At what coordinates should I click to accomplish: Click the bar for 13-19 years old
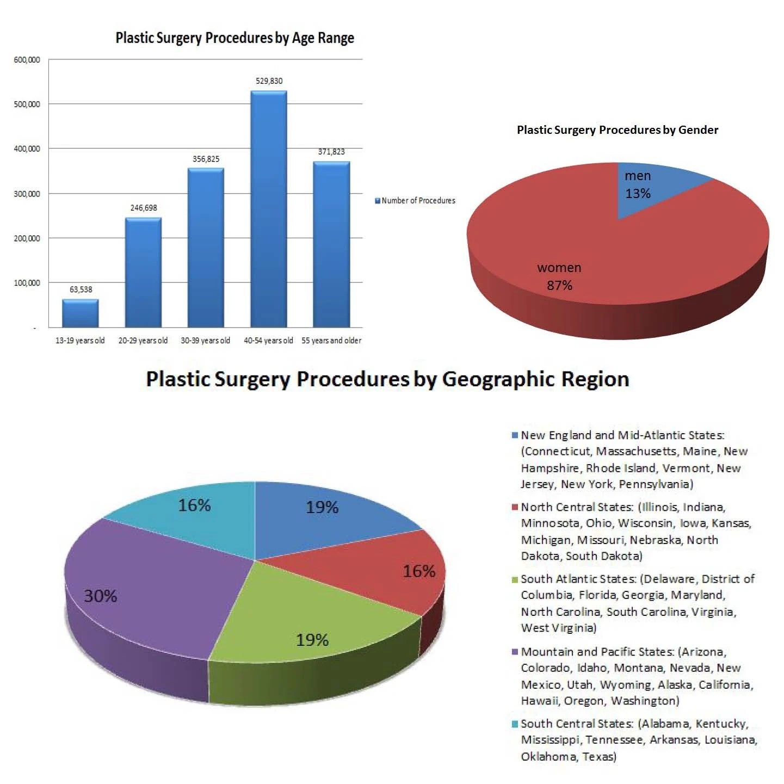coord(81,313)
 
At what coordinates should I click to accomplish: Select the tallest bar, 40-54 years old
coord(269,209)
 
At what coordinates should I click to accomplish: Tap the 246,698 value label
coord(144,208)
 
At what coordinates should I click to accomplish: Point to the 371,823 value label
coord(331,152)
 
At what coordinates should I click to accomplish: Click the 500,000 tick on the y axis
coord(27,104)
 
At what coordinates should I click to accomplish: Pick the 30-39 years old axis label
coord(205,341)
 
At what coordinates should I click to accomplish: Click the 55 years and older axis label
coord(331,341)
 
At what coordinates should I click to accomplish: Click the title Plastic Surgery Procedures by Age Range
coord(234,38)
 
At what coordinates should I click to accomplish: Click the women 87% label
coord(559,276)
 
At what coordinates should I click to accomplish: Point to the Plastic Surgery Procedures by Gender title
coord(618,130)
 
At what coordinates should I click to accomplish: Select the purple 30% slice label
coord(101,596)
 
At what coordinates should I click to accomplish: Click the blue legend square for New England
coord(515,435)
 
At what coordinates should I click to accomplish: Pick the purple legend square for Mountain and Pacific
coord(515,652)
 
